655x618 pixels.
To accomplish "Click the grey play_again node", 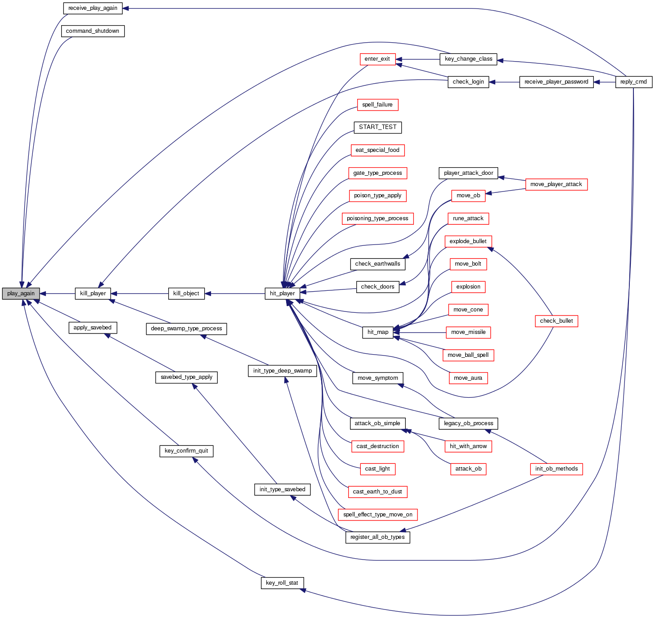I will coord(21,293).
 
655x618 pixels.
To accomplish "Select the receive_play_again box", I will coord(93,8).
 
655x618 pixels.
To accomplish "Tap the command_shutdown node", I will coord(93,31).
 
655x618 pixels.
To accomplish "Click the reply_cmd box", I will coord(633,82).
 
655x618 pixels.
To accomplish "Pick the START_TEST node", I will coord(377,127).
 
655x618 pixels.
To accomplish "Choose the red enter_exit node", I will coord(377,59).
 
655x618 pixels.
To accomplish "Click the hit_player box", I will coord(283,293).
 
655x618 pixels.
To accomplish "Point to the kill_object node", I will coord(186,293).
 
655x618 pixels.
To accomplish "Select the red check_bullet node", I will coord(556,321).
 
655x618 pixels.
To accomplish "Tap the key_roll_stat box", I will coord(282,583).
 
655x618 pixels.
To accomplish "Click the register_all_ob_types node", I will coord(377,537).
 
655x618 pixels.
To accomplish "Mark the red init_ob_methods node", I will coord(556,469).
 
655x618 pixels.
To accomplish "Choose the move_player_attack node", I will coord(556,184).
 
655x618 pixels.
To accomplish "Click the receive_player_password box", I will coord(556,82).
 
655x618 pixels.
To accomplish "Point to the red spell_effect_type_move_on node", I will coord(377,515).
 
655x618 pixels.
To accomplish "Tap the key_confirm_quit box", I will coord(186,451).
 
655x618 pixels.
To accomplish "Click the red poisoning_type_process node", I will coord(377,218).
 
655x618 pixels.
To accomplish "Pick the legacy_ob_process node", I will coord(468,423).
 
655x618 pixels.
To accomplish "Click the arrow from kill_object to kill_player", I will coord(139,293).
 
